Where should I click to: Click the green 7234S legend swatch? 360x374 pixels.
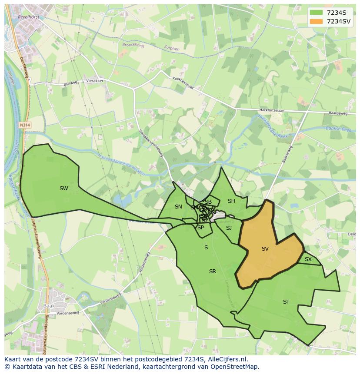click(316, 13)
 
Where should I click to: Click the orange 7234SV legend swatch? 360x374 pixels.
click(316, 21)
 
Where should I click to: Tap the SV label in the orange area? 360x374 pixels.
click(265, 249)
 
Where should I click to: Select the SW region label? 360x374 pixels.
click(64, 189)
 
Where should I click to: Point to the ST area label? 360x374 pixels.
click(286, 302)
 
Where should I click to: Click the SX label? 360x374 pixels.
click(308, 259)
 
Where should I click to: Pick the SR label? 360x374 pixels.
click(213, 271)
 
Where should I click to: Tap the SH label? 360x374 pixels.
click(231, 201)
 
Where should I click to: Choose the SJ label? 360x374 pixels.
click(229, 228)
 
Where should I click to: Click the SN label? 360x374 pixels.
click(178, 207)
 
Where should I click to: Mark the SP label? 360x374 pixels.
click(200, 228)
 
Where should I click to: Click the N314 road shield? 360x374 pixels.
click(25, 125)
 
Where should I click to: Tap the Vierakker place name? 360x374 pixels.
click(95, 81)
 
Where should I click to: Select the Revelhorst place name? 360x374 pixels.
click(29, 16)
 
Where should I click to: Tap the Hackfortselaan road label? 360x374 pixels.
click(271, 110)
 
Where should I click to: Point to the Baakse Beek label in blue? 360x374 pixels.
click(337, 129)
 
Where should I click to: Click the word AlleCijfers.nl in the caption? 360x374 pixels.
click(226, 359)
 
